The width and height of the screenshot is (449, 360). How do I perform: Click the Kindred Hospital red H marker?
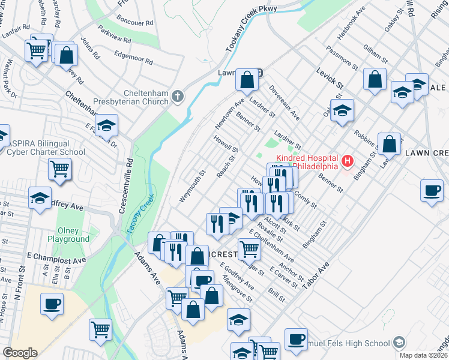click(347, 161)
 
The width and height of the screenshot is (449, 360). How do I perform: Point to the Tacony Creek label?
click(140, 213)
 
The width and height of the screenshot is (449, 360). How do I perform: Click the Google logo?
click(20, 353)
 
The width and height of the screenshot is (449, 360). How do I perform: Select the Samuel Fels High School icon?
click(398, 343)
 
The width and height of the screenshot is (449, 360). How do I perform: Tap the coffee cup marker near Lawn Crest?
click(432, 191)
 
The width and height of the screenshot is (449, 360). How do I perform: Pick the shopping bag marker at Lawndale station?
click(247, 79)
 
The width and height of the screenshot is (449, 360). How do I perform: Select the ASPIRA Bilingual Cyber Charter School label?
click(46, 148)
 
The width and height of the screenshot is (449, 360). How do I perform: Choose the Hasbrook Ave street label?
click(352, 25)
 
